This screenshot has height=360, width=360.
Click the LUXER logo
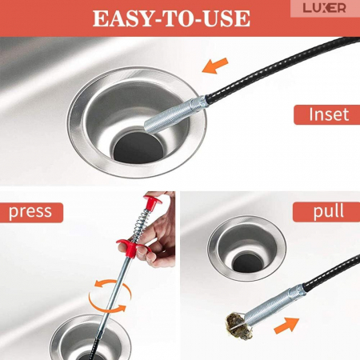[x=324, y=8]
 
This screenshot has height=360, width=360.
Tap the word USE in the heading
[x=226, y=18]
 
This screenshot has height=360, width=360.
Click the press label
[x=30, y=212]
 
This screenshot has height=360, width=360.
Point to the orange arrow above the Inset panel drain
[x=215, y=66]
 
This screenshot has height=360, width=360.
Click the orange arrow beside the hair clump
[x=286, y=326]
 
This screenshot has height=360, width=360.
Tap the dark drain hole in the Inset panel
[x=138, y=148]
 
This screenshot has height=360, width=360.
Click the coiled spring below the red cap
[x=141, y=225]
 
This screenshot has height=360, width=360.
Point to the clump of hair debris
[x=239, y=326]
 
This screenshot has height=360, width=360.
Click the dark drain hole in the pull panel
[x=247, y=263]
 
